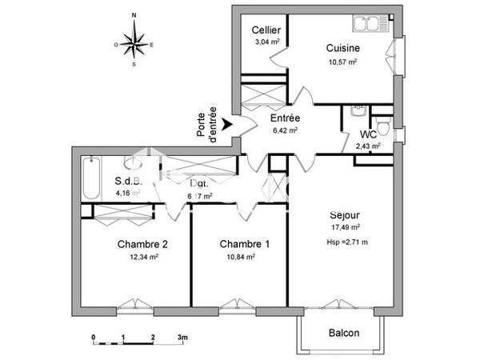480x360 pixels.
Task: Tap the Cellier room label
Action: tap(265, 30)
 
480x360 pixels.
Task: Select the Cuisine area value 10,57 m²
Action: tap(342, 61)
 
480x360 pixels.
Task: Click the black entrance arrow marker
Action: tap(228, 124)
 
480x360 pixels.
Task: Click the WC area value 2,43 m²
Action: tap(368, 146)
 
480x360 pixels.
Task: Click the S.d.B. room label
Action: tap(128, 181)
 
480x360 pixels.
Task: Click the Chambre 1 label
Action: tap(244, 244)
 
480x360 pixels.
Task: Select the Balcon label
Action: tap(344, 333)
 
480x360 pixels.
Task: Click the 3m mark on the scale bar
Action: tap(182, 337)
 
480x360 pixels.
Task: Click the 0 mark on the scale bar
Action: tap(93, 337)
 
